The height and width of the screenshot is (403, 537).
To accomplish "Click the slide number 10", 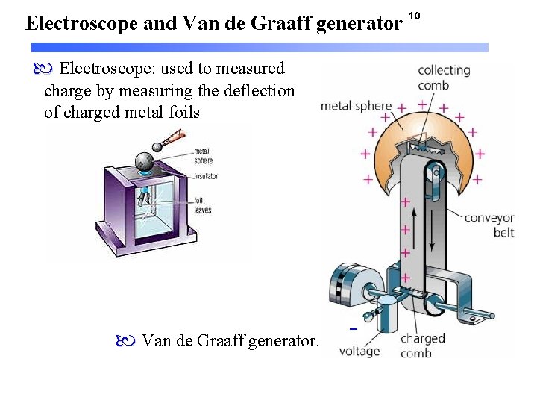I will pyautogui.click(x=416, y=16).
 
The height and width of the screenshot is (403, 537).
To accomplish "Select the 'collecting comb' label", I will pyautogui.click(x=444, y=77).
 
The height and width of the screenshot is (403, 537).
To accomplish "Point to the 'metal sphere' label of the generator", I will pyautogui.click(x=356, y=106).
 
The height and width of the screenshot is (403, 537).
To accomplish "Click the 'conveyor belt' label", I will pyautogui.click(x=489, y=225).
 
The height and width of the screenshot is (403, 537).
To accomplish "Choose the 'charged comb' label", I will pyautogui.click(x=422, y=345).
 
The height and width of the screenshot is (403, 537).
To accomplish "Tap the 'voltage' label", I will pyautogui.click(x=359, y=351).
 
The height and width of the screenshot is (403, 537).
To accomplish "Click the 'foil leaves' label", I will pyautogui.click(x=203, y=205).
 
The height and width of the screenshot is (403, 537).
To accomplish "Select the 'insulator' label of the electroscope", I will pyautogui.click(x=207, y=177).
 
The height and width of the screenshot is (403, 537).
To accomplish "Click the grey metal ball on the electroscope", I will pyautogui.click(x=145, y=161).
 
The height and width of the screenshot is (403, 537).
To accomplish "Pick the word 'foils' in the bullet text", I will pyautogui.click(x=183, y=113).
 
